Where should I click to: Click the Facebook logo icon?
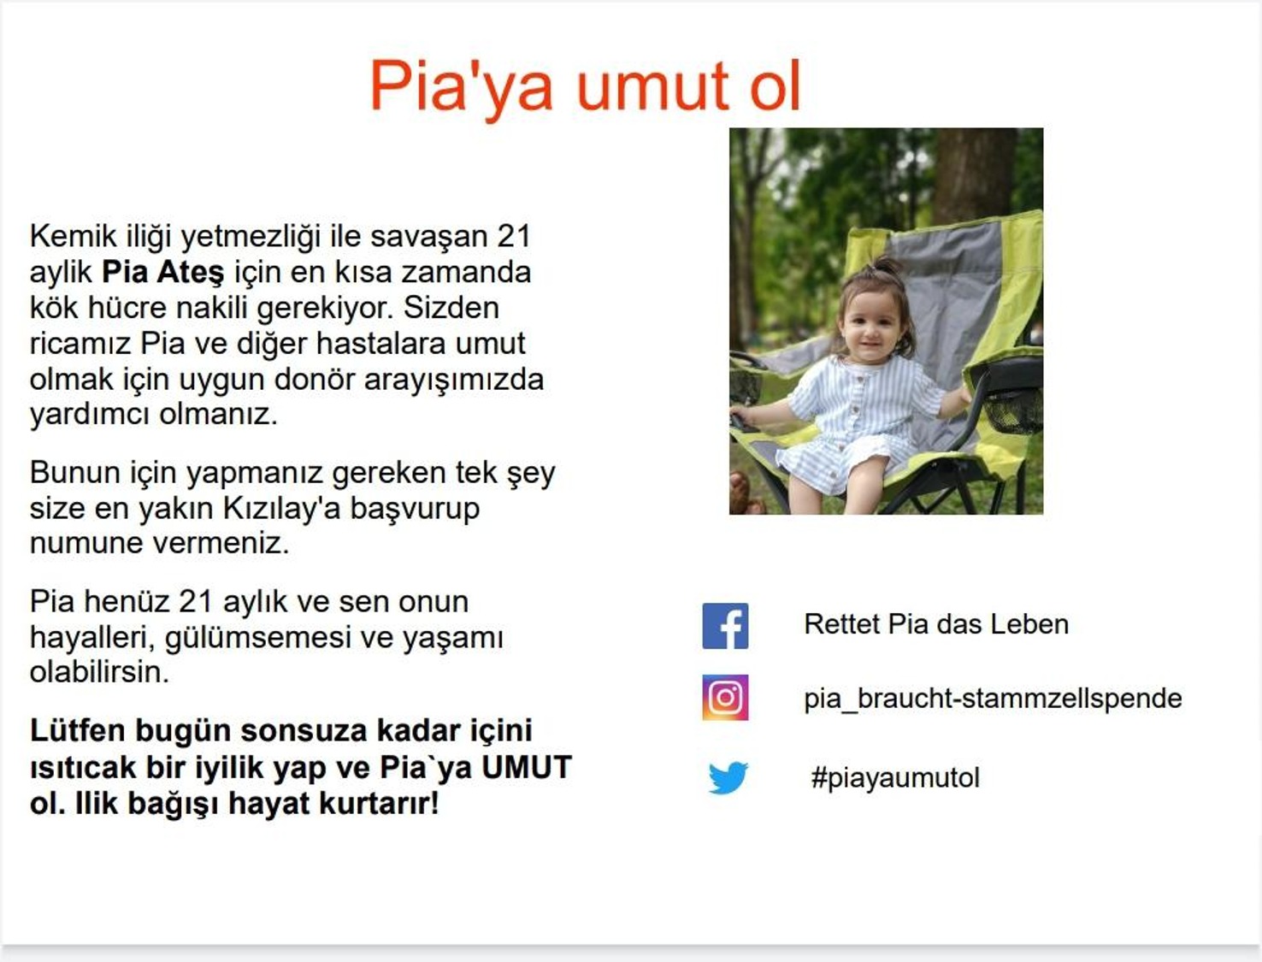click(x=725, y=626)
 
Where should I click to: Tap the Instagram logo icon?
click(x=725, y=697)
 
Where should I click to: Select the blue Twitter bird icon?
click(x=728, y=777)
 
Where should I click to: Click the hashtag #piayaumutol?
click(x=894, y=778)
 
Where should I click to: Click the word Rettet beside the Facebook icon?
click(x=841, y=624)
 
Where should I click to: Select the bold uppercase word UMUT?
click(x=526, y=767)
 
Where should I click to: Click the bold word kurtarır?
click(x=379, y=803)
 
